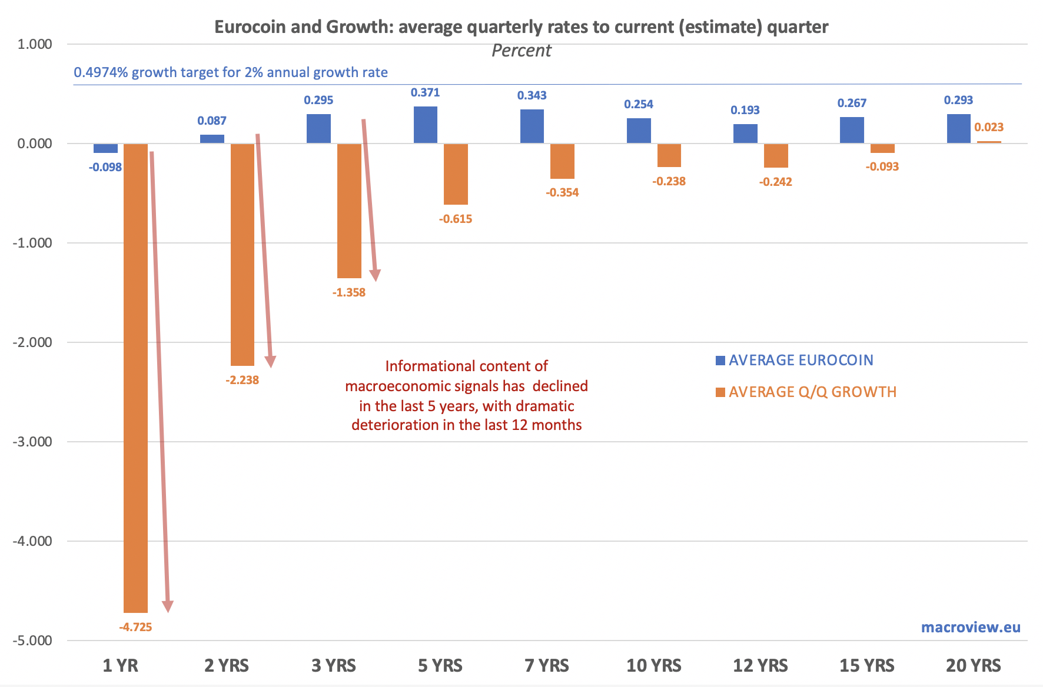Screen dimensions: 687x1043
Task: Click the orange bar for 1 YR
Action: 135,376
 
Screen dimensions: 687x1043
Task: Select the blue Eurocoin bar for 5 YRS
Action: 426,125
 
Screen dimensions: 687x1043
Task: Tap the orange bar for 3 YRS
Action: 349,211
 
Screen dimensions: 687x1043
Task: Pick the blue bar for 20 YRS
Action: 958,129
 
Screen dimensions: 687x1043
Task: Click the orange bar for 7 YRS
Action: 562,161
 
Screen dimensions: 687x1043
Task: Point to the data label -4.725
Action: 135,627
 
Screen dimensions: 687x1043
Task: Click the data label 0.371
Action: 425,92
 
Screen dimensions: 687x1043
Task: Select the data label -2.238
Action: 242,380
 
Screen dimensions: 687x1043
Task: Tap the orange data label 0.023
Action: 989,127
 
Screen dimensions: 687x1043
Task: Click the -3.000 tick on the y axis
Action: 32,442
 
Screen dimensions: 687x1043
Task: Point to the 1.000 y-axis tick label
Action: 35,44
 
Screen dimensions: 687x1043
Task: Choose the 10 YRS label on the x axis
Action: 653,666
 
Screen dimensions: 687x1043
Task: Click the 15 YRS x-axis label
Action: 866,666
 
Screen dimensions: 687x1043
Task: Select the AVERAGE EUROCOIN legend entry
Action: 800,361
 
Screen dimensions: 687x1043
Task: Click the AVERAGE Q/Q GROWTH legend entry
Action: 812,392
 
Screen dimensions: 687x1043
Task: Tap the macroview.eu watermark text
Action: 971,627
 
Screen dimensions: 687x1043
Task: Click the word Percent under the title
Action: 521,51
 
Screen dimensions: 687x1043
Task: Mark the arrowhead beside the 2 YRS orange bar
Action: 270,362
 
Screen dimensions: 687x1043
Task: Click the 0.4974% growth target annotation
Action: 230,72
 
